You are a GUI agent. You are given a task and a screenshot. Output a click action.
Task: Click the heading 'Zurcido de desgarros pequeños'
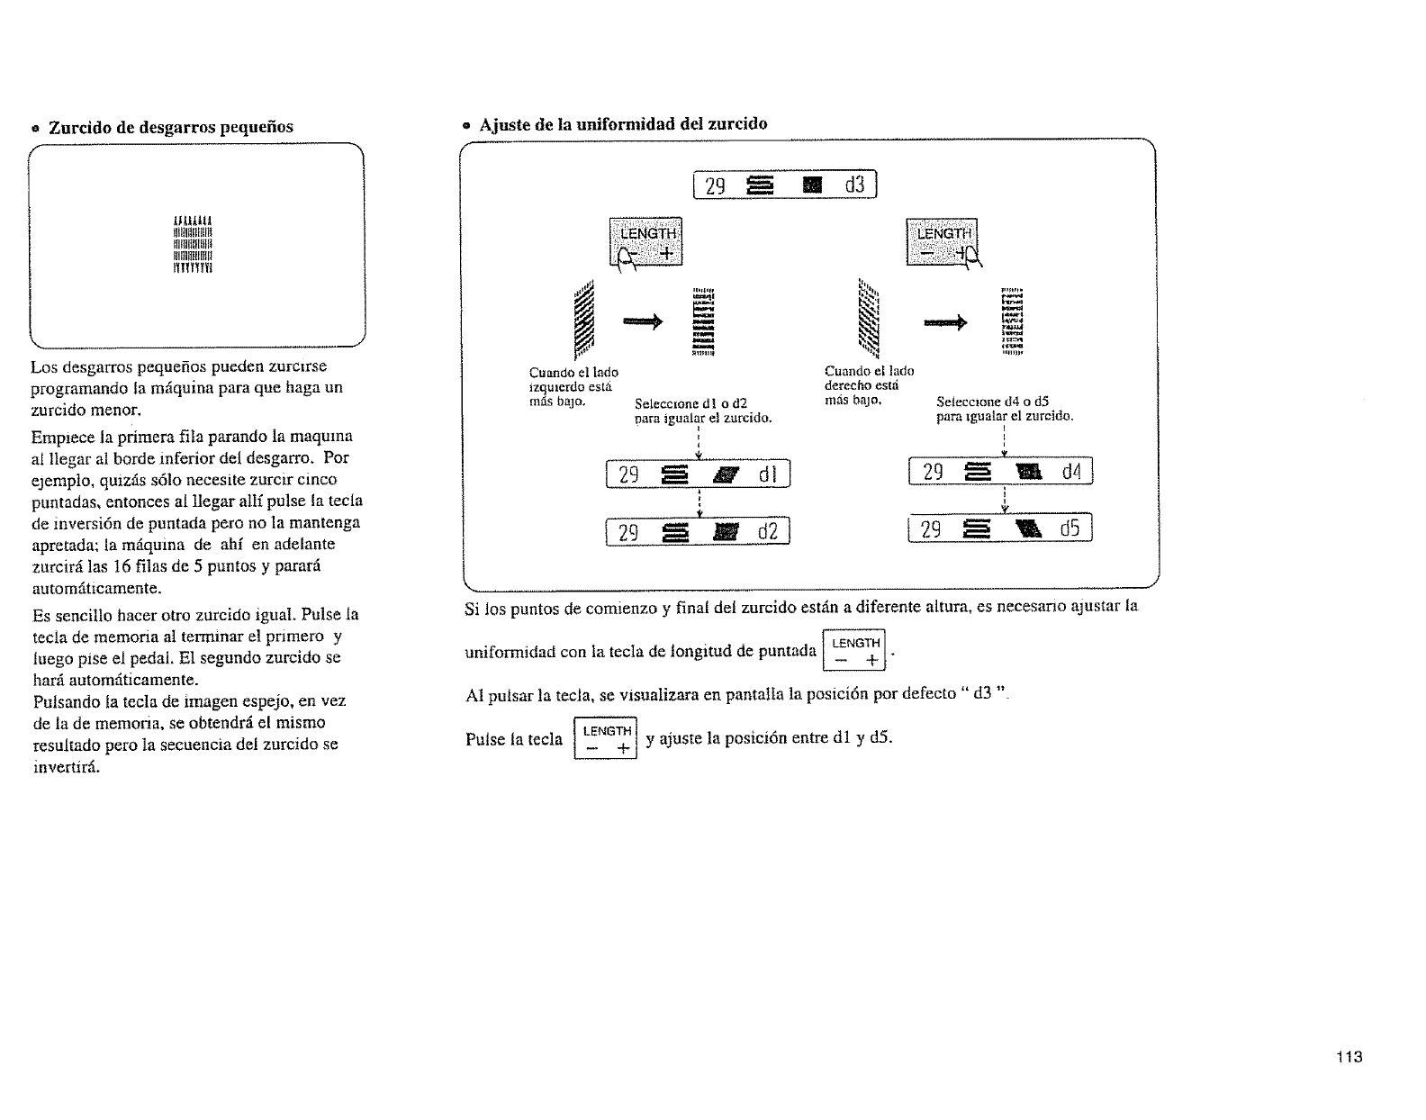(170, 127)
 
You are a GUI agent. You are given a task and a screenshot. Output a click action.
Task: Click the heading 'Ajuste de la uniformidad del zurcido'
(623, 123)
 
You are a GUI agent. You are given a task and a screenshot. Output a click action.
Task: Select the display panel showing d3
(784, 186)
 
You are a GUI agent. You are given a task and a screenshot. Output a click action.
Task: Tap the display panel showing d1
(698, 473)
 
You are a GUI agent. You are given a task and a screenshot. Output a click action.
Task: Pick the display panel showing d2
(698, 533)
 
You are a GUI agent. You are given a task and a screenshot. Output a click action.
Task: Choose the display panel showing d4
(1001, 471)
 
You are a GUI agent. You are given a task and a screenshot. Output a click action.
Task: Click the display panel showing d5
(1001, 530)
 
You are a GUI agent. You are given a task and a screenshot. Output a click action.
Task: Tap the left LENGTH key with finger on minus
(646, 242)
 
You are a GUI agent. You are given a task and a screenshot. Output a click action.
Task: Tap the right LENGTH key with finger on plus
(942, 242)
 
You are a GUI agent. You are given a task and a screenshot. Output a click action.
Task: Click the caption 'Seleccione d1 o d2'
(691, 403)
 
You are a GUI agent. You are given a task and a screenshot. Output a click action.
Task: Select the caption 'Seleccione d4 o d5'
(992, 402)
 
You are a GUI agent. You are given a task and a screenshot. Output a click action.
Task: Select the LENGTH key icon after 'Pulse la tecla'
(605, 739)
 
